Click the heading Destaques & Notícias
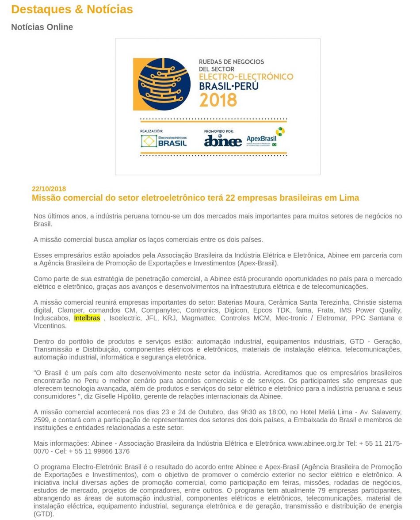pos(72,9)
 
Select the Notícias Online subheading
pos(42,27)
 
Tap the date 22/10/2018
pos(49,189)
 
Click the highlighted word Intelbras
pos(87,318)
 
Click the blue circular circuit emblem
pos(164,84)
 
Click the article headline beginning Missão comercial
pos(195,198)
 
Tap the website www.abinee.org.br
pos(316,443)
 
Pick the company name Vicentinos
pos(50,326)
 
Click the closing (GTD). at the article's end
pos(43,514)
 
